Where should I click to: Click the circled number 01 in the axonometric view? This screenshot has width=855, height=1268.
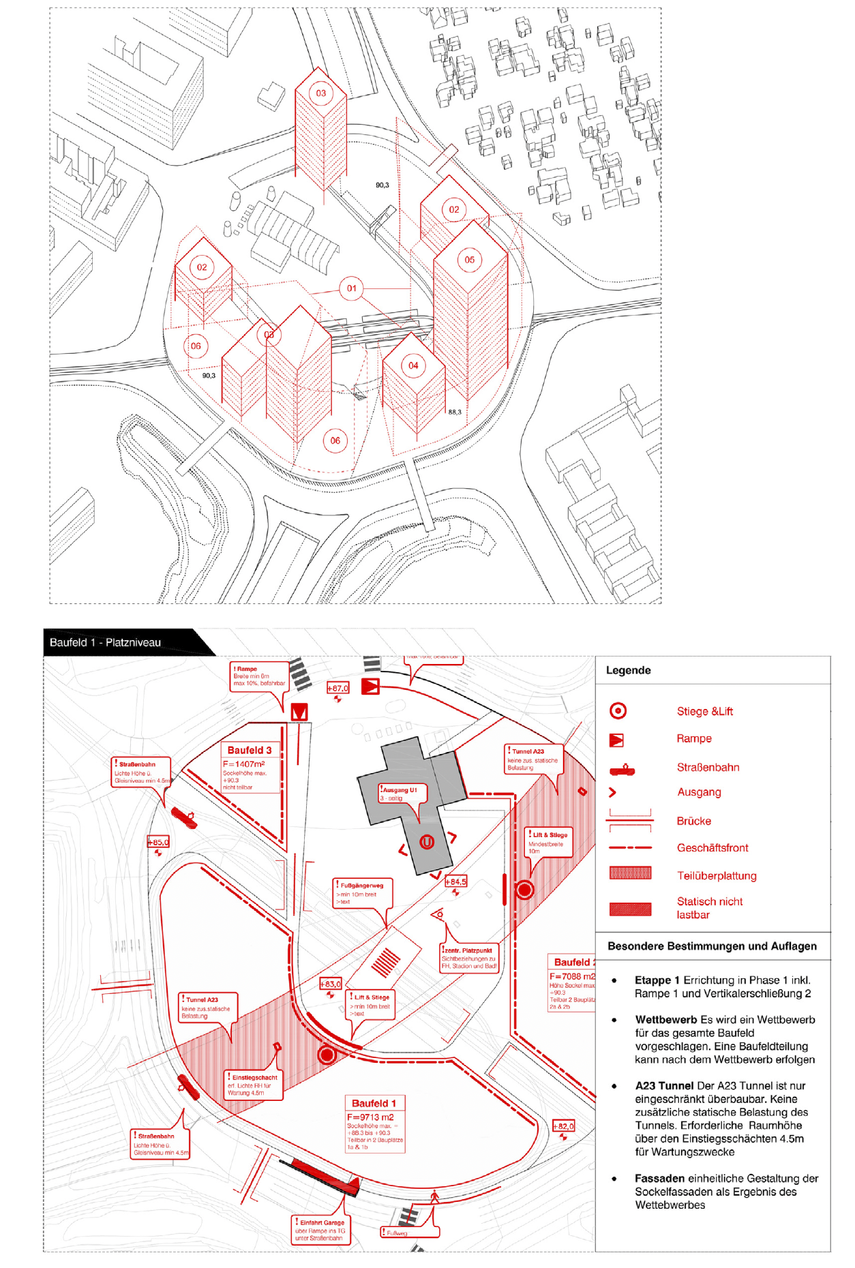coord(351,288)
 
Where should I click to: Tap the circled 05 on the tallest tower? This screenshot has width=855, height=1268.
coord(469,260)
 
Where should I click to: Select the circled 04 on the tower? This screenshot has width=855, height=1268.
coord(413,365)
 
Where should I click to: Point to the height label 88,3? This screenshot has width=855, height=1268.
coord(454,412)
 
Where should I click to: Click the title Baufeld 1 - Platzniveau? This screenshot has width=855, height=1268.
coord(105,642)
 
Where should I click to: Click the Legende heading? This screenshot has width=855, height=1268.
coord(628,670)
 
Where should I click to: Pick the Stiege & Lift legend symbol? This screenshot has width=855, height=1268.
coord(618,711)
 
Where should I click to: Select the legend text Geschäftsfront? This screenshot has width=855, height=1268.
coord(712,847)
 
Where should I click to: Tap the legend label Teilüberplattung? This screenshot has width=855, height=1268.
coord(716,875)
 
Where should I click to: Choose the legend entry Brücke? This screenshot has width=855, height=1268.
coord(693,821)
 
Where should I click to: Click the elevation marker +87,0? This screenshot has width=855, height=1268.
coord(337,688)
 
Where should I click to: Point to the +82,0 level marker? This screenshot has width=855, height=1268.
coord(563,1126)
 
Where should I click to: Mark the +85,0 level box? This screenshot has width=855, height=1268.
coord(158,842)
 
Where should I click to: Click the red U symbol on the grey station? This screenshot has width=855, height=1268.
coord(427,842)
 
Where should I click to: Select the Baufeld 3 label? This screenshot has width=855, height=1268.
coord(250,750)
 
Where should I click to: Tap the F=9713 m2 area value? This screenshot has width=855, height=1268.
coord(370,1117)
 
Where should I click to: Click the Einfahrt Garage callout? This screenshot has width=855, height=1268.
coord(322,1222)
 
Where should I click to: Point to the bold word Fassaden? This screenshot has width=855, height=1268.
coord(659,1178)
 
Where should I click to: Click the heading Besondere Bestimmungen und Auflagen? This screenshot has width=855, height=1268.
coord(712,946)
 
